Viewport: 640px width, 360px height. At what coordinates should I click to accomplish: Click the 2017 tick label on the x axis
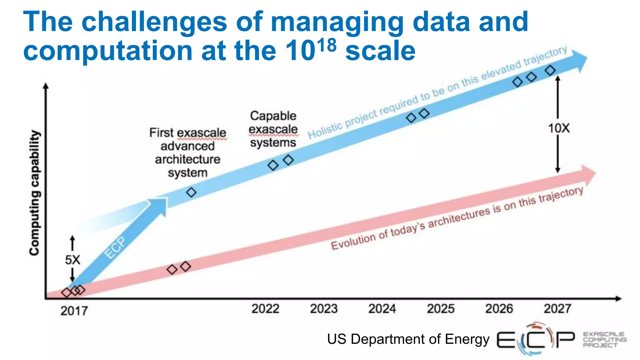coord(74,311)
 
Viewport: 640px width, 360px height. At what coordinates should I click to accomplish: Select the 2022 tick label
coord(265,309)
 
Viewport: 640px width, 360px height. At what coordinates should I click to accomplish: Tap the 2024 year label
coord(382,309)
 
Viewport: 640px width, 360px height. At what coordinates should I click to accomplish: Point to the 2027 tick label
coord(557,309)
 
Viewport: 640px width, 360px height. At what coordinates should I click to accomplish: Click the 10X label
coord(559,128)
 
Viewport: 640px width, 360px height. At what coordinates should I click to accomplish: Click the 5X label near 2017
coord(72,260)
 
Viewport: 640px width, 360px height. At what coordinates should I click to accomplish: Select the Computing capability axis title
coord(35,193)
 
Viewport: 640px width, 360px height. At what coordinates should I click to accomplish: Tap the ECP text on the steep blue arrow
coord(115,247)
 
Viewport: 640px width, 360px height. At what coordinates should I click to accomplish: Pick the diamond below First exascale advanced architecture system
coord(191,192)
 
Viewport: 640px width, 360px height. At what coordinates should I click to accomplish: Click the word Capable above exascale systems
coord(273,116)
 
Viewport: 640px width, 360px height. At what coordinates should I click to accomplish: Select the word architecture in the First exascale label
coord(187,159)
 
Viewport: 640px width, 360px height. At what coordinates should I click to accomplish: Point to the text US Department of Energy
coord(408,339)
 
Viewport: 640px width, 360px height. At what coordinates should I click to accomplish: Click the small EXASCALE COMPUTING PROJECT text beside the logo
coord(604,340)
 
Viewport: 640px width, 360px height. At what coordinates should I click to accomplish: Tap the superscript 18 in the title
coord(327,46)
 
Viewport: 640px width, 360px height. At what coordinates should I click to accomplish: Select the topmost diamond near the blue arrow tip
coord(550,70)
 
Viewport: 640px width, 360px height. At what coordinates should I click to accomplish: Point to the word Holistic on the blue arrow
coord(325,131)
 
